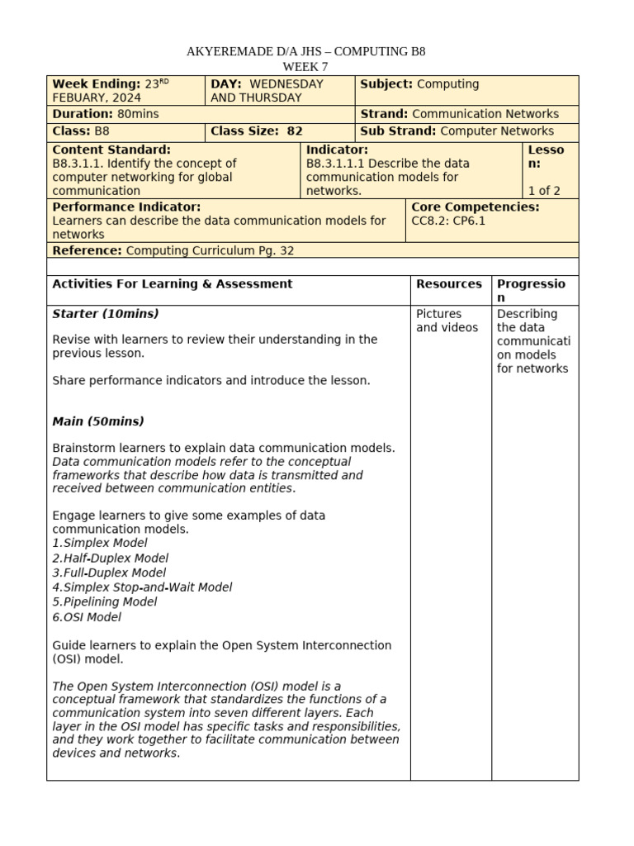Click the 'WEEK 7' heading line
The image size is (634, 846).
click(x=306, y=66)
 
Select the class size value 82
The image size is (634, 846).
click(x=295, y=131)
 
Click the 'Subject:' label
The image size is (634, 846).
click(x=386, y=84)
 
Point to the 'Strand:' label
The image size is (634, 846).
click(x=384, y=114)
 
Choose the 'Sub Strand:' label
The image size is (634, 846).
click(x=399, y=131)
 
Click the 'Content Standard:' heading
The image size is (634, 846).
click(x=111, y=150)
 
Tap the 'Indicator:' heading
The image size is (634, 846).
click(x=337, y=150)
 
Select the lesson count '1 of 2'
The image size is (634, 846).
click(x=544, y=191)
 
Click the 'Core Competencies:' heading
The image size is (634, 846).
click(x=475, y=207)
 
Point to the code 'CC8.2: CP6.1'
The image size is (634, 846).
click(x=449, y=221)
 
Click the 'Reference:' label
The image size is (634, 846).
click(x=87, y=250)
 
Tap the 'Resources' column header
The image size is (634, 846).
click(x=449, y=284)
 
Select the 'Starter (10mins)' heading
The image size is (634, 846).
click(x=106, y=314)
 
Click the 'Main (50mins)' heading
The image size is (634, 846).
click(x=98, y=421)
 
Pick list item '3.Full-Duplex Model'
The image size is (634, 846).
click(x=109, y=573)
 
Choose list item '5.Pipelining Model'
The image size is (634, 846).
click(x=105, y=602)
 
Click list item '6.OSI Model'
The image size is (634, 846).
click(x=87, y=617)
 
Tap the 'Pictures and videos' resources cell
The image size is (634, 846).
click(x=447, y=321)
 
